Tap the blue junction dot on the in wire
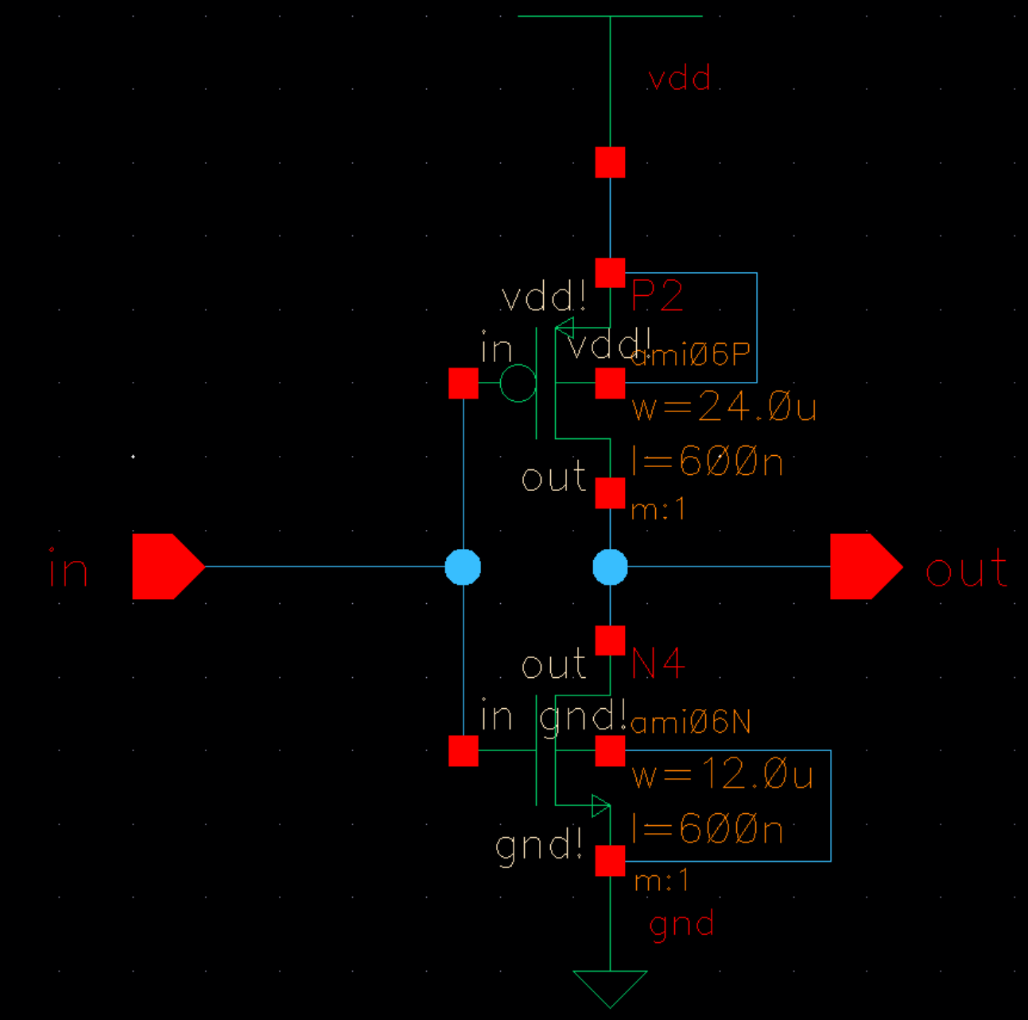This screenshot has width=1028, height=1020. [x=463, y=567]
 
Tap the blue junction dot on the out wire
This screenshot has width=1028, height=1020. [x=610, y=567]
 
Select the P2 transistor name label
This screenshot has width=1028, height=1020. [x=657, y=297]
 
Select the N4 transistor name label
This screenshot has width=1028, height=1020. [x=658, y=664]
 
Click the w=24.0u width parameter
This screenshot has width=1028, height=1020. [x=723, y=408]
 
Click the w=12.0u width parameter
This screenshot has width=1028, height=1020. [x=722, y=775]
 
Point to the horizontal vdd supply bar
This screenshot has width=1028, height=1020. [x=610, y=16]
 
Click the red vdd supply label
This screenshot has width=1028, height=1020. [x=679, y=79]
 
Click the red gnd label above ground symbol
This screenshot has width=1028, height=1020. [x=681, y=925]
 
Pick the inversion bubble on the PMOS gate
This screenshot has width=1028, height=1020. [x=518, y=383]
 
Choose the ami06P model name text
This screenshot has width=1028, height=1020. [x=690, y=355]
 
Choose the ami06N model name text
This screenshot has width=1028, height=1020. [x=690, y=722]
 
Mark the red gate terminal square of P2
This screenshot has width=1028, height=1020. [x=464, y=383]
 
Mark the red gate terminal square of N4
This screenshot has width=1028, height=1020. [x=464, y=751]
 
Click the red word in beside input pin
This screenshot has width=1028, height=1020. [x=68, y=570]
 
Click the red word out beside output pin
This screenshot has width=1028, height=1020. [x=967, y=570]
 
